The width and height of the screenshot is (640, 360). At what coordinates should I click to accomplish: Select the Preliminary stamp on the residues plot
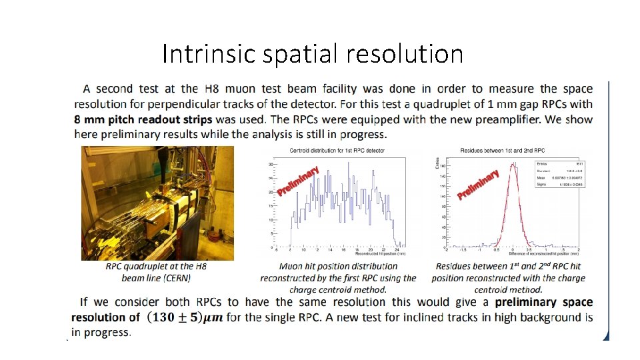point(479,185)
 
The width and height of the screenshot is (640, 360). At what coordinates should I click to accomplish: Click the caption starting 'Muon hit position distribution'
point(338,267)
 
